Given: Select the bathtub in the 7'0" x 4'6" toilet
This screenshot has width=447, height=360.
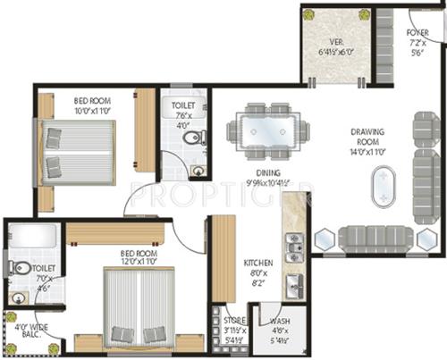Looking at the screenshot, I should (x=33, y=236).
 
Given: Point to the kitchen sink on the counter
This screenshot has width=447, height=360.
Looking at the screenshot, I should (x=292, y=286).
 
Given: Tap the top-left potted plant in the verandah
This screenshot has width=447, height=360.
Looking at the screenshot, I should (x=308, y=15).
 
